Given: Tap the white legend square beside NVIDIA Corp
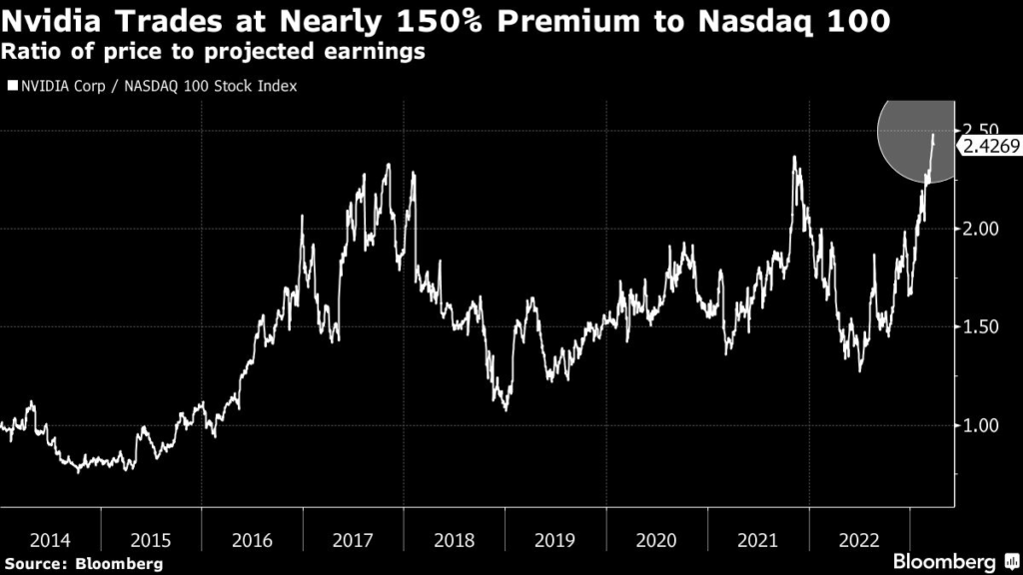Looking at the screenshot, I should (x=11, y=86).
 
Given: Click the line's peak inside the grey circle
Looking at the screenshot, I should (x=934, y=135).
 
